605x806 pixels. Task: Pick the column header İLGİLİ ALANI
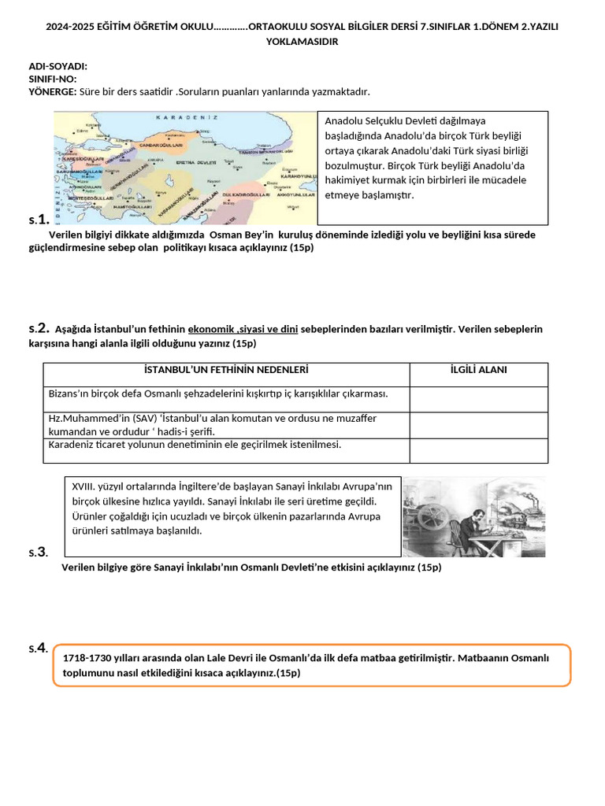(x=478, y=370)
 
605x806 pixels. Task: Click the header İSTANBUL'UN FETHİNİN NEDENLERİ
(x=226, y=370)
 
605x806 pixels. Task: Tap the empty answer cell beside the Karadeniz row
(x=478, y=450)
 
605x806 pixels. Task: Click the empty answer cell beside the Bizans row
(x=478, y=399)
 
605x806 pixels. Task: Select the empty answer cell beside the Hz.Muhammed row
(x=478, y=425)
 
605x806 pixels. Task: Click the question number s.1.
(x=39, y=219)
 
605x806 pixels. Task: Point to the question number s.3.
(x=38, y=552)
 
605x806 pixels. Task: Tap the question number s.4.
(x=38, y=649)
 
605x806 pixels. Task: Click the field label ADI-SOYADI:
(x=58, y=67)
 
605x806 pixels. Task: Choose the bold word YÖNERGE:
(x=52, y=92)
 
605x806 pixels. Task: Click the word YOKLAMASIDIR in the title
(x=302, y=42)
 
